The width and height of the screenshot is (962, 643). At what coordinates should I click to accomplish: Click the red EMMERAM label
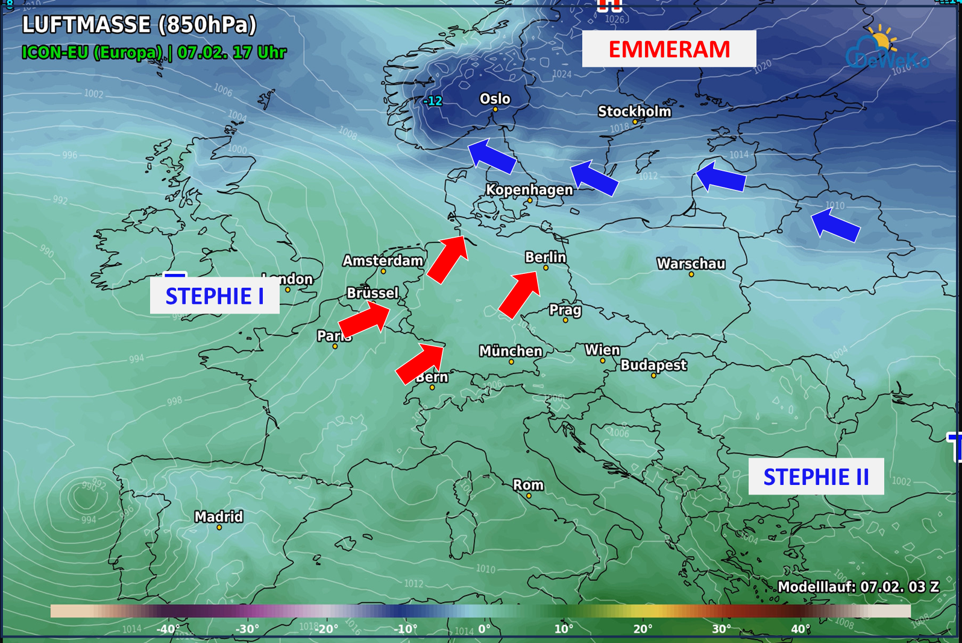click(x=669, y=49)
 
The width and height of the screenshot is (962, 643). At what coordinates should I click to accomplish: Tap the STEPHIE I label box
click(x=215, y=296)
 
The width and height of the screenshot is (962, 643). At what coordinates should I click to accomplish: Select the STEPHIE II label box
click(x=816, y=477)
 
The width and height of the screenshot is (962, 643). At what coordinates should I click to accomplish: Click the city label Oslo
click(x=495, y=99)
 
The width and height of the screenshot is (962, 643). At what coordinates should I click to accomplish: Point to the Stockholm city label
click(x=634, y=112)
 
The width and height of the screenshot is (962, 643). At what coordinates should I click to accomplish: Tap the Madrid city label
click(x=219, y=517)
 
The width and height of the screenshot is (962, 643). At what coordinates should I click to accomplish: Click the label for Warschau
click(x=691, y=264)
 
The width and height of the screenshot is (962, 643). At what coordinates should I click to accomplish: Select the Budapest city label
click(x=653, y=365)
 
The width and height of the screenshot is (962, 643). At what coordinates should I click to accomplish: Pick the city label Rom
click(x=528, y=485)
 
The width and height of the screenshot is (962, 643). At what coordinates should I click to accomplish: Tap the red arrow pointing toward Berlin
click(x=519, y=294)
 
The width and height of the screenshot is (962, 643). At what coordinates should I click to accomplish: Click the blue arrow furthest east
click(x=835, y=224)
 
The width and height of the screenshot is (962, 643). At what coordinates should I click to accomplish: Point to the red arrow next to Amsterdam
click(x=447, y=259)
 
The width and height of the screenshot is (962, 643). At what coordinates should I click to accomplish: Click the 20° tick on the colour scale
click(x=643, y=629)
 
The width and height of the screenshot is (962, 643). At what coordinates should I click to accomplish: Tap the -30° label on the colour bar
click(x=247, y=629)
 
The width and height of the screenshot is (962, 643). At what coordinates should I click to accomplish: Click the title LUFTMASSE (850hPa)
click(x=139, y=25)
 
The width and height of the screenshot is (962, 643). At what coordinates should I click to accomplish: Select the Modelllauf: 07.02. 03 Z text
click(x=858, y=587)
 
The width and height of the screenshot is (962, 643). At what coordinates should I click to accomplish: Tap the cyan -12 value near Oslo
click(x=433, y=101)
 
